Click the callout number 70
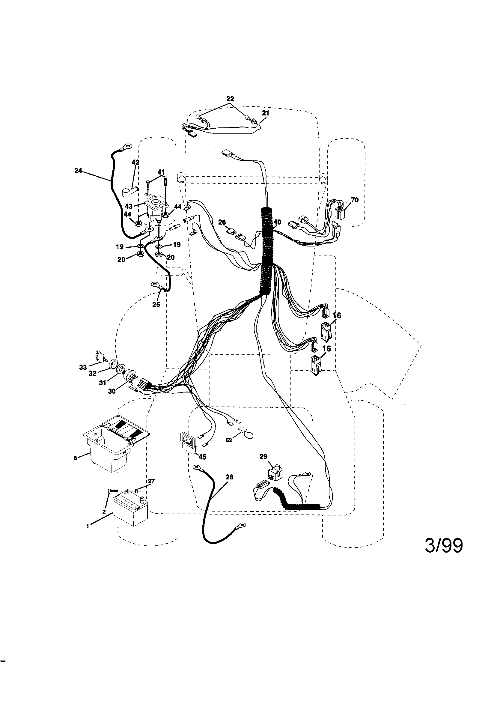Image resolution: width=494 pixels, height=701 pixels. (x=355, y=200)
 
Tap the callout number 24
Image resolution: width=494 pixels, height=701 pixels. (x=78, y=171)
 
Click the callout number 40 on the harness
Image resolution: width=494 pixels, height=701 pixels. (x=277, y=222)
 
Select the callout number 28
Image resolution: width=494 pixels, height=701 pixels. (x=229, y=477)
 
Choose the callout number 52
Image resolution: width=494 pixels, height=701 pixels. (x=229, y=440)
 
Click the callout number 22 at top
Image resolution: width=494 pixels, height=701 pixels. (x=230, y=99)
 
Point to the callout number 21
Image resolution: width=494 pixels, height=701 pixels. (x=266, y=113)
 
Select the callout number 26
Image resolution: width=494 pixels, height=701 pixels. (x=222, y=222)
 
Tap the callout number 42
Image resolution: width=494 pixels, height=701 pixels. (x=135, y=163)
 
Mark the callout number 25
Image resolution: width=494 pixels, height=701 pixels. (x=156, y=304)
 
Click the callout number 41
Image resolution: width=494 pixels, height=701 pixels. (x=161, y=172)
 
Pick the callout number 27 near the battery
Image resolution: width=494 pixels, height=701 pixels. (x=151, y=481)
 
